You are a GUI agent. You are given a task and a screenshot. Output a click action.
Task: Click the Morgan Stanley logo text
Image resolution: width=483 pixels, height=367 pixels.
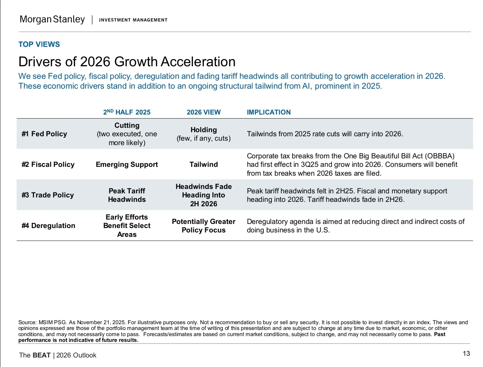tap(52, 19)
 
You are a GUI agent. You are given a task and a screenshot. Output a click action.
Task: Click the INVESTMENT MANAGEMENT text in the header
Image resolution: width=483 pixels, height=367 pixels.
tap(133, 20)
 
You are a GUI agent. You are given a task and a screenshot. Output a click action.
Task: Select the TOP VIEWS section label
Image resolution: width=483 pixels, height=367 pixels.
tap(39, 45)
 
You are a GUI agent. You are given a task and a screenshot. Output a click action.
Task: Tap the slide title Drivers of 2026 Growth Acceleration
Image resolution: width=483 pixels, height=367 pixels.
tap(127, 62)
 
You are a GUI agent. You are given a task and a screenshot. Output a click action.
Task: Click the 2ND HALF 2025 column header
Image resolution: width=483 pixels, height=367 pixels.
tap(127, 112)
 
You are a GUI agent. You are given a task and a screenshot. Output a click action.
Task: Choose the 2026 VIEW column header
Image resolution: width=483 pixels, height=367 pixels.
tap(203, 112)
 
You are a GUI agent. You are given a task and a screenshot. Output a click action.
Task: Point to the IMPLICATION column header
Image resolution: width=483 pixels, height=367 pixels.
tap(268, 112)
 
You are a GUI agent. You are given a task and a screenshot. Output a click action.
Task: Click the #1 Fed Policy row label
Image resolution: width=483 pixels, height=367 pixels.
tap(44, 134)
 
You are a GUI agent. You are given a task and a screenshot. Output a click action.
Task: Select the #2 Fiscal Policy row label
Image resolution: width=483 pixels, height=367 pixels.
tap(48, 164)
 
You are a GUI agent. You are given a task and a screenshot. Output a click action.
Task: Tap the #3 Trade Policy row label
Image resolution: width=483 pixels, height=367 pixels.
tap(48, 195)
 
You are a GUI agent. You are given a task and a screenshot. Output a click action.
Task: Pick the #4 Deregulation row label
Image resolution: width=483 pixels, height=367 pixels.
tap(48, 226)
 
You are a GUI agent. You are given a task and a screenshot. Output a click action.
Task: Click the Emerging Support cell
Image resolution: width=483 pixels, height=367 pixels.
tap(127, 164)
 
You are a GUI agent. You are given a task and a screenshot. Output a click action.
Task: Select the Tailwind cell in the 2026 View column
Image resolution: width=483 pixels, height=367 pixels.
tap(203, 164)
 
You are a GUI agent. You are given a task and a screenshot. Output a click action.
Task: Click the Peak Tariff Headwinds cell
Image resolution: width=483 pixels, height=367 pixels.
tap(127, 195)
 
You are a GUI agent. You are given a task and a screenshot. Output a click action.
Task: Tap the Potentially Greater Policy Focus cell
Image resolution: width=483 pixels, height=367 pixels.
tap(203, 226)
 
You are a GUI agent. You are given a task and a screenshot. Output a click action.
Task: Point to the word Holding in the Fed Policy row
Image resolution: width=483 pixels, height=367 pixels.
tap(203, 130)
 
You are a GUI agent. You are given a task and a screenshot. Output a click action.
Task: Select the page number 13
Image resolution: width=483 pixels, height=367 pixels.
tap(466, 353)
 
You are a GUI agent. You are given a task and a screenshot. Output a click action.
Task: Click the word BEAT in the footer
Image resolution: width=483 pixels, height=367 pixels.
tap(41, 355)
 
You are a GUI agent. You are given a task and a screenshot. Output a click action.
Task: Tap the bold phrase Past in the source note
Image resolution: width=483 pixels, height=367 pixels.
tap(440, 334)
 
